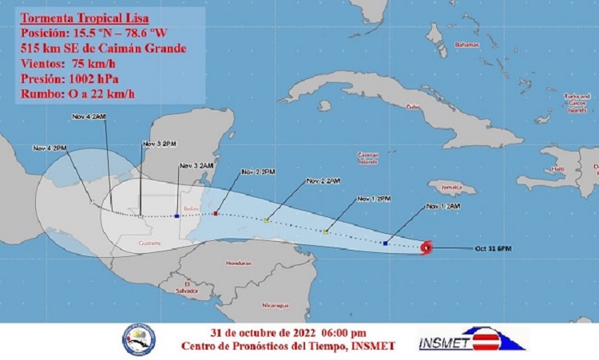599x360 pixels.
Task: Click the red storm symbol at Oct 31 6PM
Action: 426,247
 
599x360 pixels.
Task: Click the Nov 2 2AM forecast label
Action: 323,181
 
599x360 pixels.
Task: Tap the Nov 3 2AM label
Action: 196,165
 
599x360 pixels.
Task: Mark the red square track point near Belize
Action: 216,214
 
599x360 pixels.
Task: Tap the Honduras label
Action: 234,263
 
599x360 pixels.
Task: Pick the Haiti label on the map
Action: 558,169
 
